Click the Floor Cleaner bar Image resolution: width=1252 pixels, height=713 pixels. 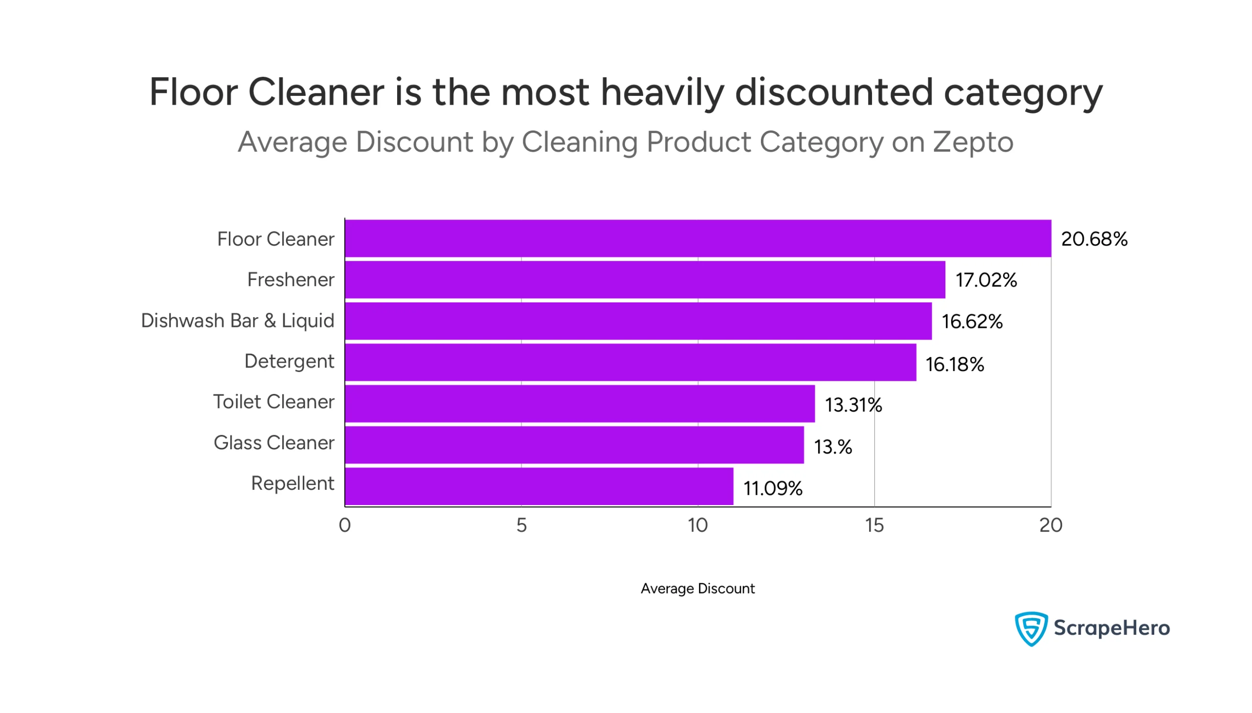[x=697, y=238]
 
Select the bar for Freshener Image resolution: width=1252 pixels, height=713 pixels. [x=645, y=279]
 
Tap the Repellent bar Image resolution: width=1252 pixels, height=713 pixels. [x=538, y=486]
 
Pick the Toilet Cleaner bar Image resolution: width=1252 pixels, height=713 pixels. [x=579, y=404]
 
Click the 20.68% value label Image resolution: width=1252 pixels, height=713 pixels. [x=1094, y=239]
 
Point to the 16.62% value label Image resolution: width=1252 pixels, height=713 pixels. [x=972, y=322]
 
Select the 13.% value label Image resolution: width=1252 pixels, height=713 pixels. [x=832, y=447]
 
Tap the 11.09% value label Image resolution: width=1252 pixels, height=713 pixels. [x=773, y=488]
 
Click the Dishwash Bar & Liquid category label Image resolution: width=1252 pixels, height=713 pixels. [x=237, y=321]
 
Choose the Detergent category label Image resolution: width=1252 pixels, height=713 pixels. [x=289, y=362]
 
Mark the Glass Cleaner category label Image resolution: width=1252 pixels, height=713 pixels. [x=273, y=443]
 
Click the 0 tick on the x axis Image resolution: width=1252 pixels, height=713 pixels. [x=344, y=526]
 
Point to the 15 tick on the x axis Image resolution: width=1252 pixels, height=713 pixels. [x=874, y=526]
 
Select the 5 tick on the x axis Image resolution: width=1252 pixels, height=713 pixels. [x=521, y=526]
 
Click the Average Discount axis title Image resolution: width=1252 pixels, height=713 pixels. [x=697, y=588]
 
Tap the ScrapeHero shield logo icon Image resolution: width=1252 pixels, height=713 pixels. [x=1030, y=628]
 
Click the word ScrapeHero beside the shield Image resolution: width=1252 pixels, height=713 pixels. [x=1111, y=628]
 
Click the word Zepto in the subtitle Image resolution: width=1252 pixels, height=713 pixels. [x=973, y=142]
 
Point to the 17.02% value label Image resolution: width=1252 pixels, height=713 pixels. [x=985, y=280]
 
